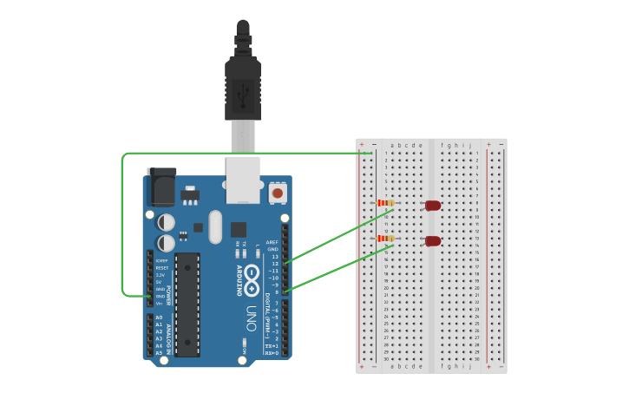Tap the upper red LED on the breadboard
click(x=432, y=206)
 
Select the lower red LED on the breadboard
click(x=432, y=240)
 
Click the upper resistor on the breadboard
click(x=386, y=204)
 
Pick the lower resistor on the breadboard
click(x=386, y=238)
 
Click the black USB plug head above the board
click(x=243, y=82)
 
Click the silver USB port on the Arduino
click(x=243, y=177)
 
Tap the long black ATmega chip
click(x=187, y=304)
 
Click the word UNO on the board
click(x=252, y=314)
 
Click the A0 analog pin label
click(x=159, y=318)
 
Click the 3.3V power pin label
click(x=160, y=275)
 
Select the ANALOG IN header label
click(x=170, y=334)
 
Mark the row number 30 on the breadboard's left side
click(x=385, y=358)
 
